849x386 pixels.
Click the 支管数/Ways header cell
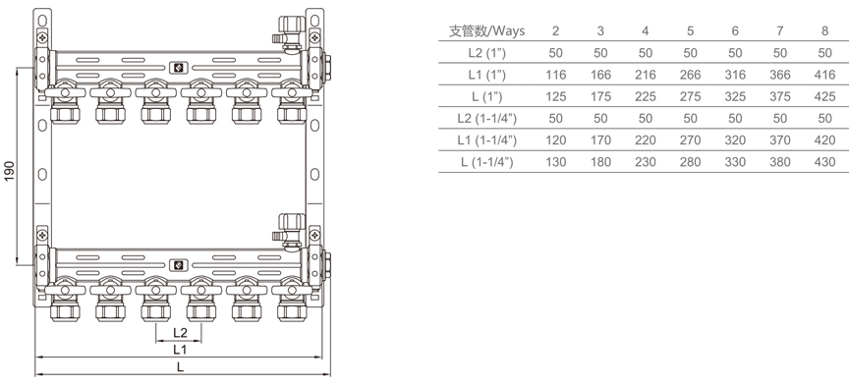click(486, 30)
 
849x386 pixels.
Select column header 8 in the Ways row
click(824, 30)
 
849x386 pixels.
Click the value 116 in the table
click(555, 75)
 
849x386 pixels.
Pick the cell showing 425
click(824, 97)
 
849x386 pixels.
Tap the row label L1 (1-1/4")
click(486, 140)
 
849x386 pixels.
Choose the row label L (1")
click(486, 97)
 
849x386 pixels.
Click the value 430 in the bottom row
click(824, 162)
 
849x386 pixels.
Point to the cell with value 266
click(690, 75)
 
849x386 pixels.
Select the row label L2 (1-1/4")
click(486, 119)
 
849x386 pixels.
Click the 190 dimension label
click(10, 170)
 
